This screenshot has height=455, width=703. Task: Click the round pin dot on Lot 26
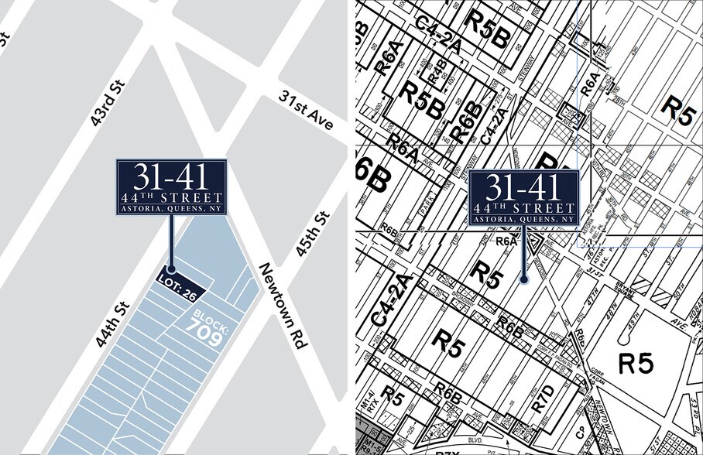tap(172, 269)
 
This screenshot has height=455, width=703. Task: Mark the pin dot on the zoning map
tap(524, 279)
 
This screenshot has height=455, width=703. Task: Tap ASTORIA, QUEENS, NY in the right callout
tap(524, 219)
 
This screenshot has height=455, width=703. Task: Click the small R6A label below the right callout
tap(506, 241)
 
